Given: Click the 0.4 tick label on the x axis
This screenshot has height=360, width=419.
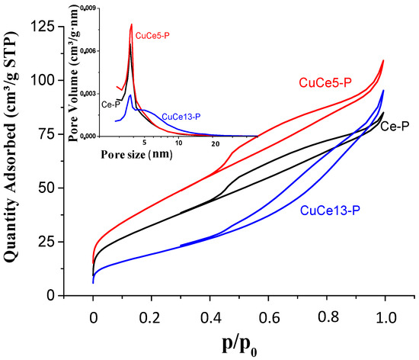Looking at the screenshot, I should [209, 313].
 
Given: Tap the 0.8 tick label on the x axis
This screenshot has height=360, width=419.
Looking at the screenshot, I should [326, 313].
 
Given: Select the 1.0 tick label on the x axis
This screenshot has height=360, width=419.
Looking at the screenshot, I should [384, 313].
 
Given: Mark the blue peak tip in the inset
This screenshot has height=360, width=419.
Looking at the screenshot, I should [131, 95].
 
